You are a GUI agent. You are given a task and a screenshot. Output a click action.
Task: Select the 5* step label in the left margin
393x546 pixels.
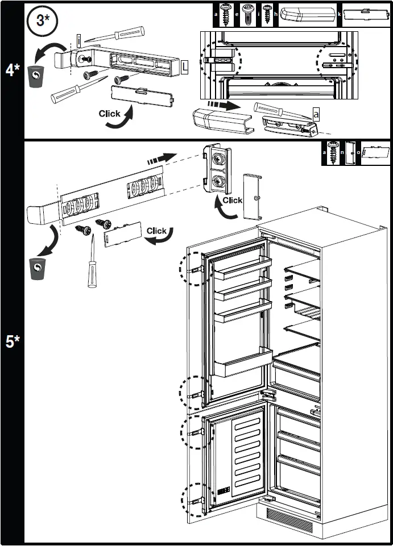pyautogui.click(x=12, y=342)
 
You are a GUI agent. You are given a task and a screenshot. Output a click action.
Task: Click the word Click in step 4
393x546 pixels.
pyautogui.click(x=109, y=113)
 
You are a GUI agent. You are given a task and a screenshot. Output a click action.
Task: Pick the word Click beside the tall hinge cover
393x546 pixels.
pyautogui.click(x=232, y=200)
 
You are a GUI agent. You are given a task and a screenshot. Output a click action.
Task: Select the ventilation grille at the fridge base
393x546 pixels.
pyautogui.click(x=289, y=518)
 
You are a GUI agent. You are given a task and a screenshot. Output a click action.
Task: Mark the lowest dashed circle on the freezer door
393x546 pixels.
pyautogui.click(x=192, y=499)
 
